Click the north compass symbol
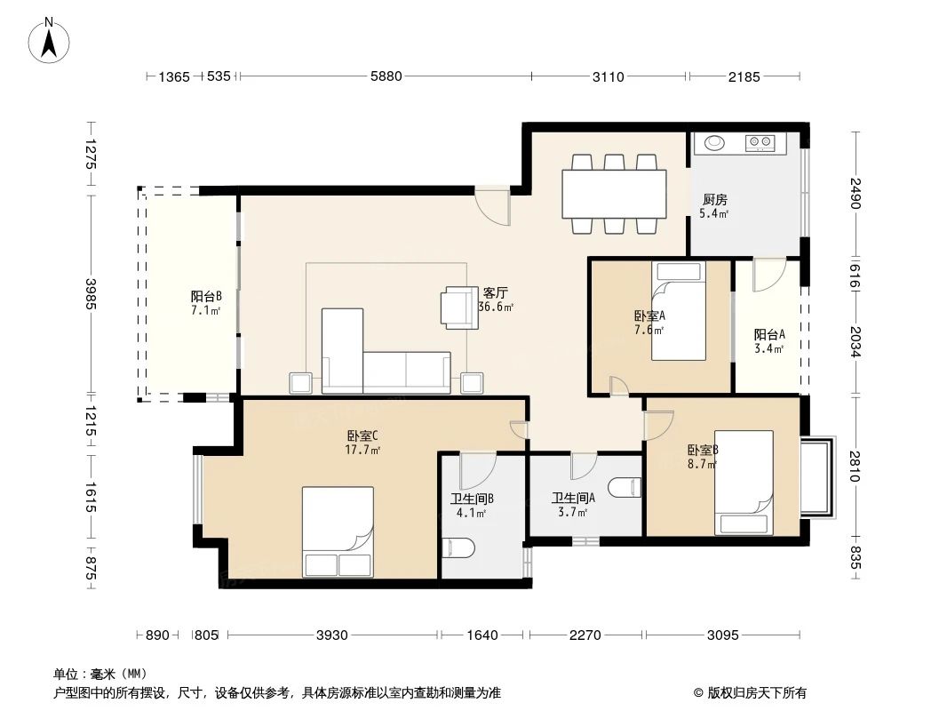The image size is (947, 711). pyautogui.click(x=51, y=41)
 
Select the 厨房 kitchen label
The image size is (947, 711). pyautogui.click(x=714, y=199)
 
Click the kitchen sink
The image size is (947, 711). pyautogui.click(x=715, y=142)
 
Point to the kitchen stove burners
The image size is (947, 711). pyautogui.click(x=760, y=141)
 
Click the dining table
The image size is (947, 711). pyautogui.click(x=614, y=194)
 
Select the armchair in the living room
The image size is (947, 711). pyautogui.click(x=461, y=307)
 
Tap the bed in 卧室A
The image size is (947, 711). pyautogui.click(x=677, y=312)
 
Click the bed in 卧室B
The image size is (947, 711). pyautogui.click(x=744, y=483)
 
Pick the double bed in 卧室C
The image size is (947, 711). pyautogui.click(x=338, y=531)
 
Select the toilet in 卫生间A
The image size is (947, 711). pyautogui.click(x=625, y=487)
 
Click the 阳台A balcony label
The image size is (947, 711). pyautogui.click(x=769, y=334)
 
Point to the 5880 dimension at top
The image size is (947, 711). pyautogui.click(x=386, y=77)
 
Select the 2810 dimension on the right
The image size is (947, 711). pyautogui.click(x=855, y=466)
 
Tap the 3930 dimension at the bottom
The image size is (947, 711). pyautogui.click(x=332, y=635)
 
